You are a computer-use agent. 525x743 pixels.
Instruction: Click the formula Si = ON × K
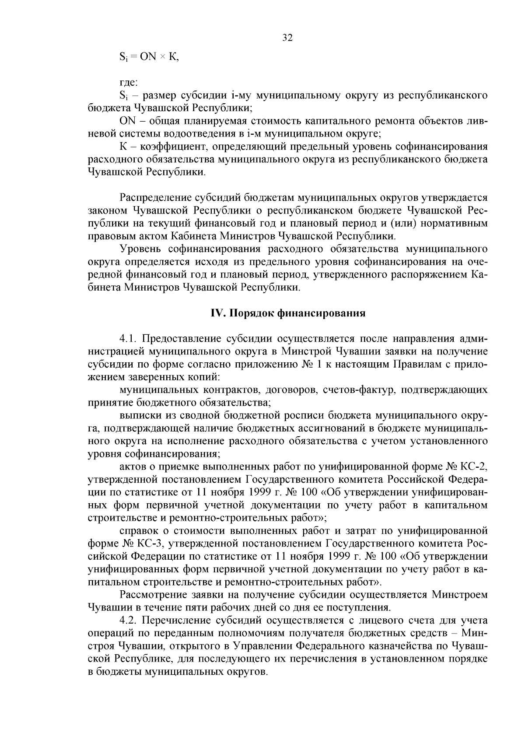click(149, 57)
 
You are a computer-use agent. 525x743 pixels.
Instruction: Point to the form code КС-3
click(149, 544)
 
